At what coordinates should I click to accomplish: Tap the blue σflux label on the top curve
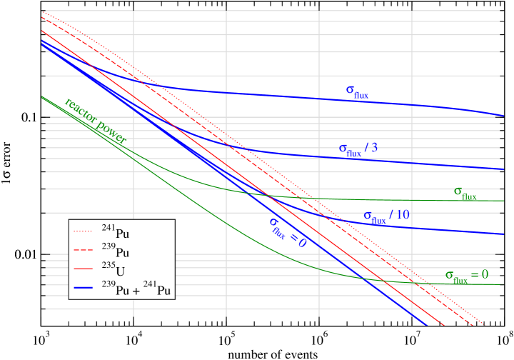click(x=357, y=91)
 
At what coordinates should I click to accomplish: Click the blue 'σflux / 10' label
click(x=386, y=216)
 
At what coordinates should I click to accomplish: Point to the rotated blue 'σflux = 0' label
click(x=287, y=233)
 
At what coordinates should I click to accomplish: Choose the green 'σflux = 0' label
click(x=466, y=276)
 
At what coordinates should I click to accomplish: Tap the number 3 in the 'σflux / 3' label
click(x=373, y=148)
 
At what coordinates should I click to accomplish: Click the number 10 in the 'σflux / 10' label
click(x=403, y=214)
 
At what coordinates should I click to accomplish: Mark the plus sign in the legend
click(x=136, y=291)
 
